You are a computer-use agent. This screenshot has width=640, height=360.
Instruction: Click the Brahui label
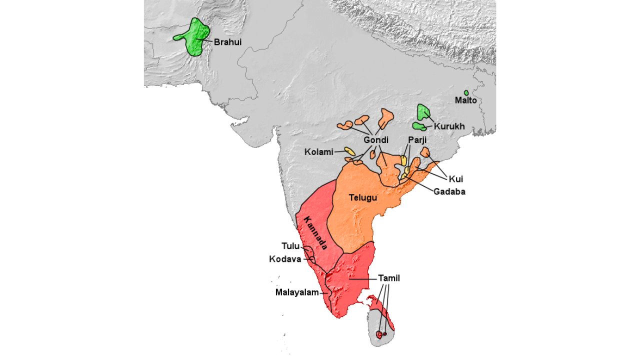tap(227, 42)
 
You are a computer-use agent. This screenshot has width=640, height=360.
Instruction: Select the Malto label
tap(465, 100)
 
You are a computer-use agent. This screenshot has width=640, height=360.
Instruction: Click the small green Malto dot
tap(466, 93)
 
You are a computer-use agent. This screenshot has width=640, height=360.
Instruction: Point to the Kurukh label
tap(449, 126)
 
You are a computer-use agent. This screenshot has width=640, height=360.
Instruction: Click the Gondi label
tap(376, 140)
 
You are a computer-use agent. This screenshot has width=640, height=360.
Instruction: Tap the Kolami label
tap(318, 152)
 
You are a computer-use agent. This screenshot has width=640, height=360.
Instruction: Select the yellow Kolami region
tap(350, 150)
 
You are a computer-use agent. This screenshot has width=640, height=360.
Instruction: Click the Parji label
tap(417, 140)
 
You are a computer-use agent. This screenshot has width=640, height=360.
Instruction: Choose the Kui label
tap(456, 178)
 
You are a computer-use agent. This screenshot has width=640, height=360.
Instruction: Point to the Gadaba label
tap(449, 191)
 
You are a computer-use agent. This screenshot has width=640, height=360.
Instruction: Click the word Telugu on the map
tap(362, 197)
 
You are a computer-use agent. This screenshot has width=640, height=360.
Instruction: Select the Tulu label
tap(290, 246)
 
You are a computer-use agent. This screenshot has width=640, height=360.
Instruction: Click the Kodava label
tap(285, 259)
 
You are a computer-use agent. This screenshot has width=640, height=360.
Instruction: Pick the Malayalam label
tap(297, 292)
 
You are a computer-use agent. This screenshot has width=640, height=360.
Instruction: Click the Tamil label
tap(389, 278)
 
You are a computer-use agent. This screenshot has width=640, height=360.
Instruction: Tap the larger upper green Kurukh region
tap(423, 110)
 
